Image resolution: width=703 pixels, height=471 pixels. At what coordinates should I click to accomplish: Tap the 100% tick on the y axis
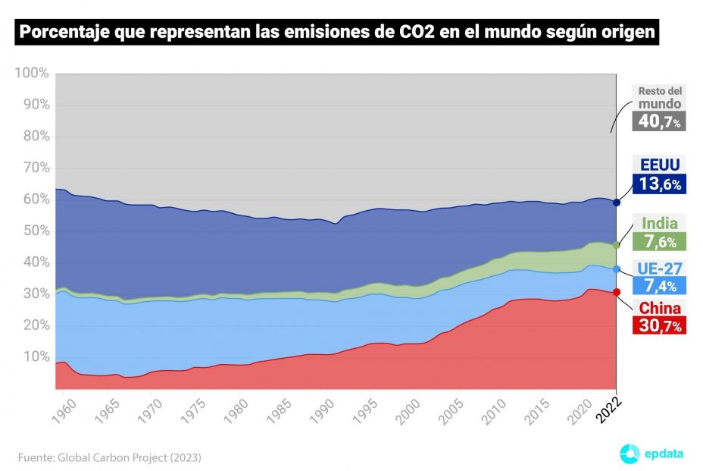click(x=31, y=74)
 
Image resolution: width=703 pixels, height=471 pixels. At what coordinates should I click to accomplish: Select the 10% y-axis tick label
click(x=34, y=356)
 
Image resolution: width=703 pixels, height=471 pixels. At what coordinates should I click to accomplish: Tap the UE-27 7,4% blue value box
click(x=659, y=285)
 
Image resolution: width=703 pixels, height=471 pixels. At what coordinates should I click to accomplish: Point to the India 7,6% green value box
click(x=659, y=242)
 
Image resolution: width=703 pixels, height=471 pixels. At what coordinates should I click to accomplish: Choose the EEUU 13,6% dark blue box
click(x=659, y=184)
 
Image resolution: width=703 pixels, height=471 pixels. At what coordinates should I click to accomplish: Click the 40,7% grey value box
click(x=659, y=121)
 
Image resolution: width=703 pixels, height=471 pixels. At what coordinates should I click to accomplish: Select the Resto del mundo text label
click(x=659, y=97)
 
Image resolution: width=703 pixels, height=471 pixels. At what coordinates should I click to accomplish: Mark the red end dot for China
click(x=617, y=292)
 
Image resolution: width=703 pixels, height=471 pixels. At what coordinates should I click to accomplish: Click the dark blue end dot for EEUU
click(x=617, y=203)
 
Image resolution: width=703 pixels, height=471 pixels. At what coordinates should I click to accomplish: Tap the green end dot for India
click(x=617, y=245)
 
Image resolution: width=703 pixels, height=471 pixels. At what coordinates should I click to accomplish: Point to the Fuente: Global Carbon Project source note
click(x=110, y=457)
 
